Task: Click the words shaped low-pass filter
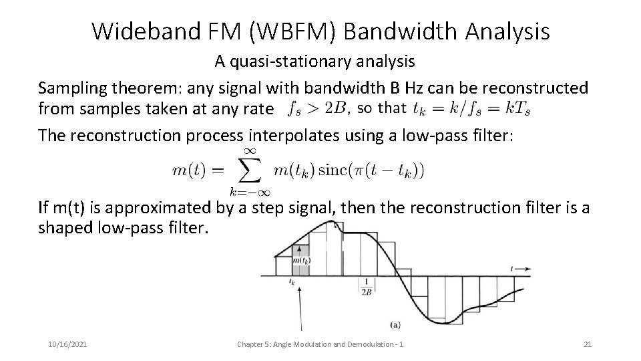pyautogui.click(x=124, y=228)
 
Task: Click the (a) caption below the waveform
pyautogui.click(x=395, y=325)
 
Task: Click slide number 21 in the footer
pyautogui.click(x=588, y=344)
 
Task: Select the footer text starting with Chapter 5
pyautogui.click(x=323, y=344)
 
